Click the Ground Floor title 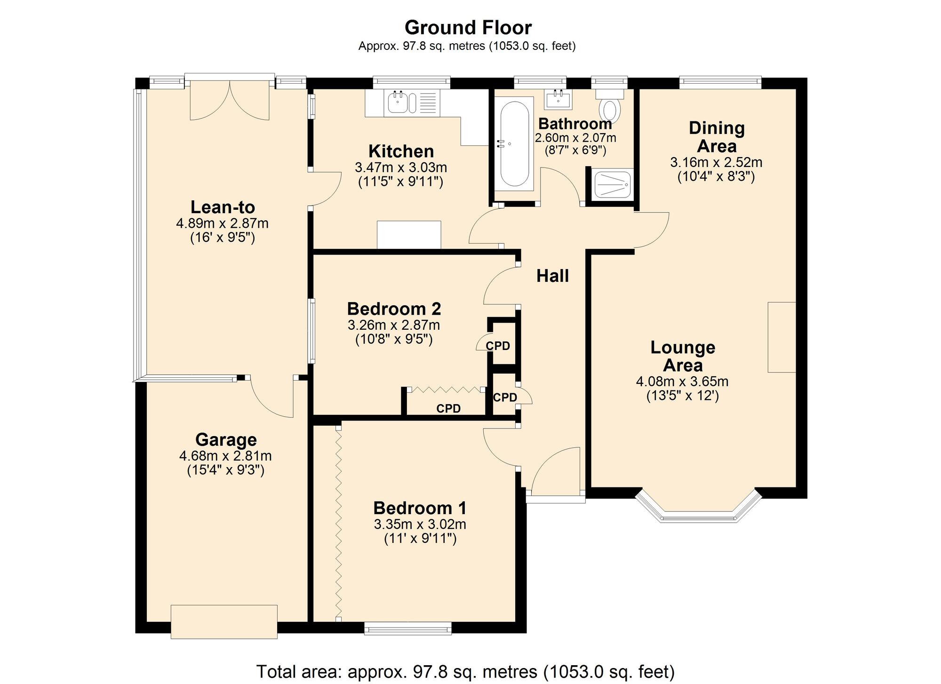(x=468, y=28)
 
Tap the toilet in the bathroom (x=609, y=108)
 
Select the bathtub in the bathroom (x=514, y=143)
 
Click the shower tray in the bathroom (x=612, y=184)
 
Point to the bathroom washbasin (x=558, y=100)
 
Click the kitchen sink (x=398, y=103)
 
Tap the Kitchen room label (x=401, y=151)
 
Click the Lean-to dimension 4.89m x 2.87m (x=222, y=223)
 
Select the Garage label (x=226, y=440)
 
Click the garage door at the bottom (x=224, y=622)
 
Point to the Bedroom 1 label (x=420, y=509)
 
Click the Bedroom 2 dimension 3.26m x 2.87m (x=394, y=325)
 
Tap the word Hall (x=552, y=276)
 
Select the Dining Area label (x=716, y=137)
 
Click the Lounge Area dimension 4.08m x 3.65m (x=682, y=382)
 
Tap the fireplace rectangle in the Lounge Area (x=782, y=337)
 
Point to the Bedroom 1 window (x=408, y=628)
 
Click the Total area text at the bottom (x=465, y=671)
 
